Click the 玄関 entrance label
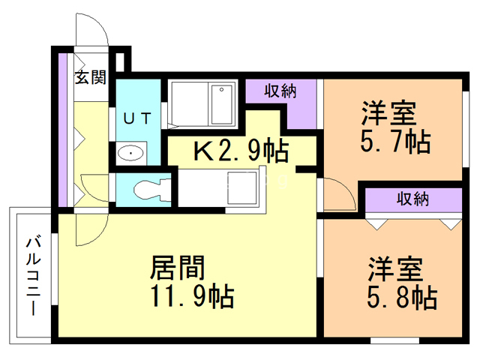[91, 77]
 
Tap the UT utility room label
[137, 118]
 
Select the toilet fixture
[152, 190]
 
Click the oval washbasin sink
[130, 153]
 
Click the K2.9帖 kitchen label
[241, 151]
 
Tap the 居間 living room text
[177, 268]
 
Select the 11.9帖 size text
[193, 296]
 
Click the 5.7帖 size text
[395, 142]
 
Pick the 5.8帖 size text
[402, 297]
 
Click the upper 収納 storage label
[280, 91]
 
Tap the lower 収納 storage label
[412, 199]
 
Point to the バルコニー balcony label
[33, 275]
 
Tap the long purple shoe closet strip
[63, 130]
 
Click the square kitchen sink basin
[242, 188]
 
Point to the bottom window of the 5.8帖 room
[394, 340]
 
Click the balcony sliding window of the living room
[54, 269]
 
